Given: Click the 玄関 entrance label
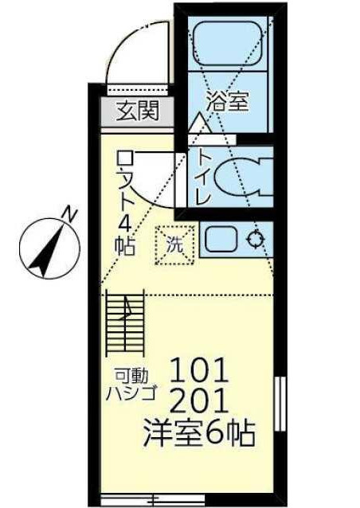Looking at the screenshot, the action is tap(138, 110).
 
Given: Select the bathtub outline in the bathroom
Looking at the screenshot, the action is tap(227, 45).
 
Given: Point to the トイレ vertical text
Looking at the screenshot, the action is tap(204, 178).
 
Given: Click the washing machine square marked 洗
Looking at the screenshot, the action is tap(175, 245).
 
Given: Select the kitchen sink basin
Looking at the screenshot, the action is tap(221, 239).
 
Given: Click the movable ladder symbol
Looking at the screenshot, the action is tap(125, 322).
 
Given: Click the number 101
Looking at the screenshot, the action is tap(199, 370).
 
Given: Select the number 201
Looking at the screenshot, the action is tap(198, 401).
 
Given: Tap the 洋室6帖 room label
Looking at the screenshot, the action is tap(199, 433).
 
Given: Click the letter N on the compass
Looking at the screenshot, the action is tap(70, 214).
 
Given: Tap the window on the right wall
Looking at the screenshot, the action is tap(280, 404).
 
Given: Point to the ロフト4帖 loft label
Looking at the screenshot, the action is tap(125, 203).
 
